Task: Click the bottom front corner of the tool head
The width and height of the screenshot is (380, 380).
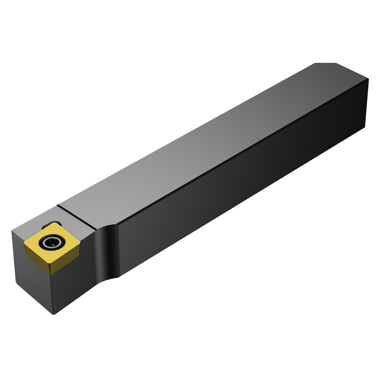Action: tap(54, 314)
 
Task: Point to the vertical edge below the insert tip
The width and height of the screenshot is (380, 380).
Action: tap(52, 294)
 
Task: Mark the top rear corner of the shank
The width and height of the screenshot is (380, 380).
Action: tap(368, 79)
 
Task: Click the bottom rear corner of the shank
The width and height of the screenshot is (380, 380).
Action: tap(365, 127)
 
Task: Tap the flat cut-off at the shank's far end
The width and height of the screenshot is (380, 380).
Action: tap(326, 63)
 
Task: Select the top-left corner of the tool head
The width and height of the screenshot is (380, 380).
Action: tap(12, 231)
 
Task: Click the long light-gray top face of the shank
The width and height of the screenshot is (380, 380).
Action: tap(203, 142)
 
